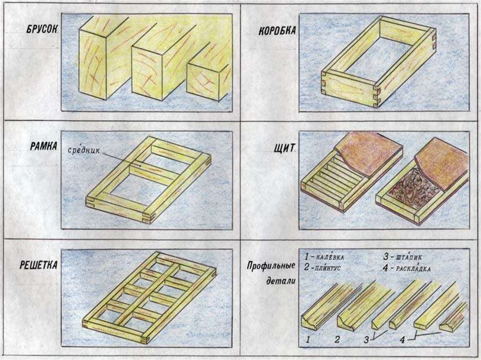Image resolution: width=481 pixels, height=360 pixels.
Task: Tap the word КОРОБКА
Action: click(277, 31)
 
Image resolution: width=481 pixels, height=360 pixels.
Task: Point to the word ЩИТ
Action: click(285, 148)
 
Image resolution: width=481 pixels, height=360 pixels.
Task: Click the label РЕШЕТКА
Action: click(39, 266)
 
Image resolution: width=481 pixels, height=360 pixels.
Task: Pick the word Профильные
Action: click(271, 266)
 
